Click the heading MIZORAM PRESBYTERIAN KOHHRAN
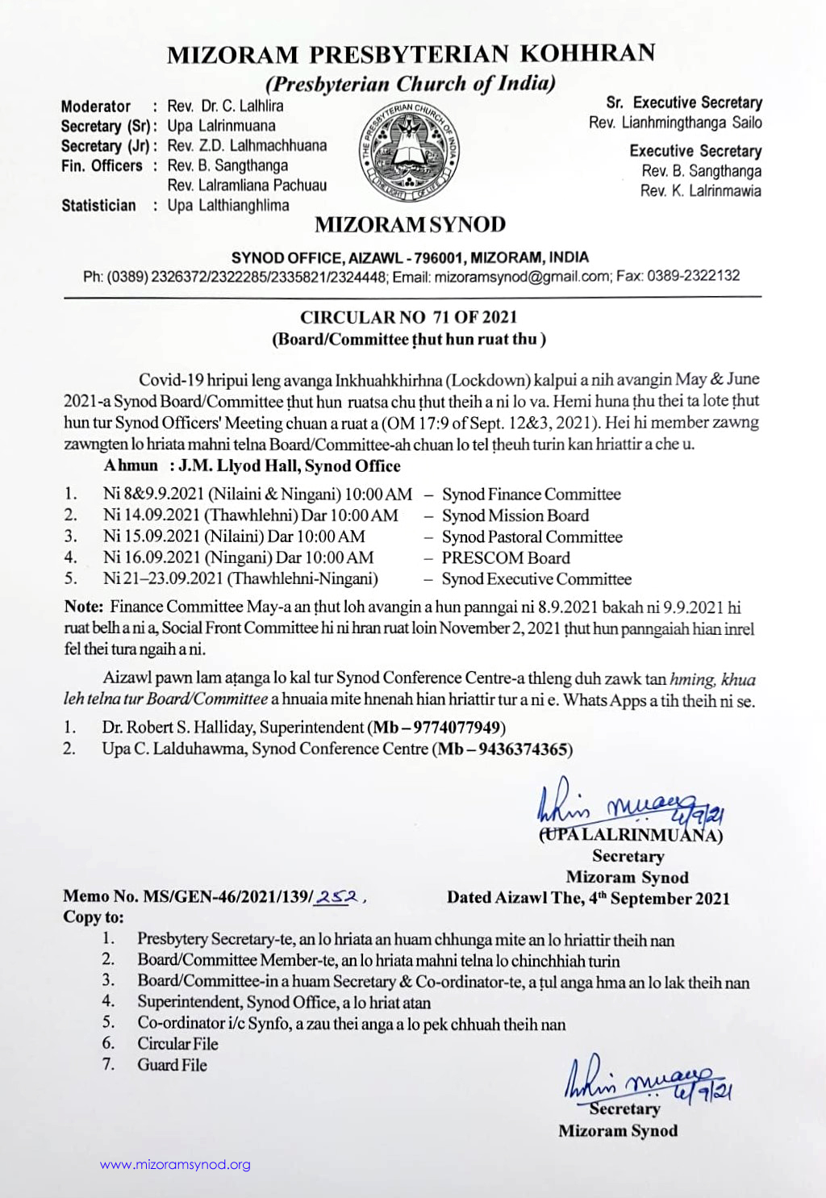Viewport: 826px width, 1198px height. coord(411,54)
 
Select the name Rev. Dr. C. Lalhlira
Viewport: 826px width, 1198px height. coord(225,106)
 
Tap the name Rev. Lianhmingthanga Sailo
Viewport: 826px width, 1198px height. coord(675,123)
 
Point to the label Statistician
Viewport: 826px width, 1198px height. coord(98,206)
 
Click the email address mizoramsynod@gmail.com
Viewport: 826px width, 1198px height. coord(522,276)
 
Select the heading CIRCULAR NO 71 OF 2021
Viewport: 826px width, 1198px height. coord(409,317)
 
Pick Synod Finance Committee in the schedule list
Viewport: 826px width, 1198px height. coord(531,495)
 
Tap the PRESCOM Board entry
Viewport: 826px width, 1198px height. coord(506,558)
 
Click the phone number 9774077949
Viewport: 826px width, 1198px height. coord(457,728)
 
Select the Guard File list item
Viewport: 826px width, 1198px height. coord(172,1065)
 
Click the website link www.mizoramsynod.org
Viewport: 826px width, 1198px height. coord(175,1165)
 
